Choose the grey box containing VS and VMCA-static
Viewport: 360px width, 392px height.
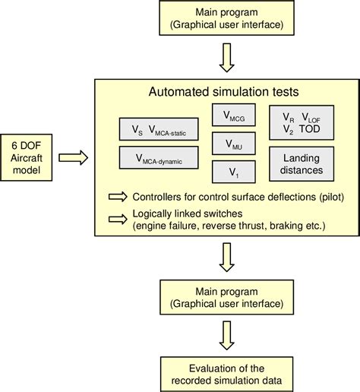(x=160, y=128)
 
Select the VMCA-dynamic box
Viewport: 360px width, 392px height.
(x=160, y=157)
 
